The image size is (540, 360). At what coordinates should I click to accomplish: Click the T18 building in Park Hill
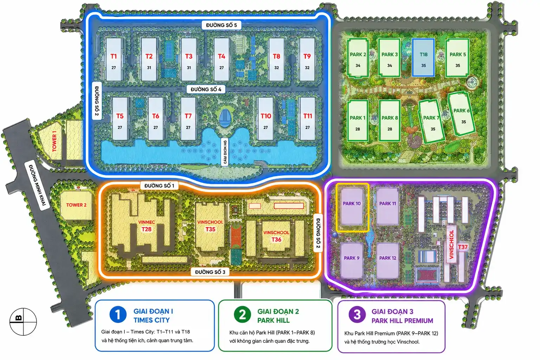pyautogui.click(x=423, y=57)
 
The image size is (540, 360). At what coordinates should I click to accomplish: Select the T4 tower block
pyautogui.click(x=221, y=59)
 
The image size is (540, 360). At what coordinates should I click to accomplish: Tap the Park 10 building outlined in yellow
pyautogui.click(x=352, y=207)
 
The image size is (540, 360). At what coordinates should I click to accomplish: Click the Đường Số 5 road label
pyautogui.click(x=221, y=25)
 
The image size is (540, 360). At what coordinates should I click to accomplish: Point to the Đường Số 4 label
pyautogui.click(x=206, y=89)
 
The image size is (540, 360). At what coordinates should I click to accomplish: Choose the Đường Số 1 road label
pyautogui.click(x=159, y=186)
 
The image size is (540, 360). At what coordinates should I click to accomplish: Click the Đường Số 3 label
pyautogui.click(x=210, y=272)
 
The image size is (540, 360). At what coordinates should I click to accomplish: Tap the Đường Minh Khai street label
pyautogui.click(x=37, y=185)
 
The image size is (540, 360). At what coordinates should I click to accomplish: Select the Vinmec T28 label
pyautogui.click(x=147, y=226)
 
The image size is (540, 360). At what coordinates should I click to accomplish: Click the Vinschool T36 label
pyautogui.click(x=276, y=236)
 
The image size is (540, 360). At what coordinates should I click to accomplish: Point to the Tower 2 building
pyautogui.click(x=76, y=205)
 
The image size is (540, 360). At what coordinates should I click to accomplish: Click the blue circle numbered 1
pyautogui.click(x=118, y=314)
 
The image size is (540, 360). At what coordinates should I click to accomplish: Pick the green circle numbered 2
pyautogui.click(x=242, y=314)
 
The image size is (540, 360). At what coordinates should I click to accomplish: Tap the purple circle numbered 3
pyautogui.click(x=357, y=315)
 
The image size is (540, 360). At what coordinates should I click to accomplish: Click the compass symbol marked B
pyautogui.click(x=23, y=322)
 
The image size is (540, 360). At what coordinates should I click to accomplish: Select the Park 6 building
pyautogui.click(x=461, y=113)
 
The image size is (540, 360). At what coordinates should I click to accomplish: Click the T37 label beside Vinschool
pyautogui.click(x=463, y=247)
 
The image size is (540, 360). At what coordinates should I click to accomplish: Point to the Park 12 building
pyautogui.click(x=388, y=261)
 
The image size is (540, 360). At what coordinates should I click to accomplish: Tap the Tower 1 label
pyautogui.click(x=54, y=141)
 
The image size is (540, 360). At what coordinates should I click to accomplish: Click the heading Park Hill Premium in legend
pyautogui.click(x=402, y=321)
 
